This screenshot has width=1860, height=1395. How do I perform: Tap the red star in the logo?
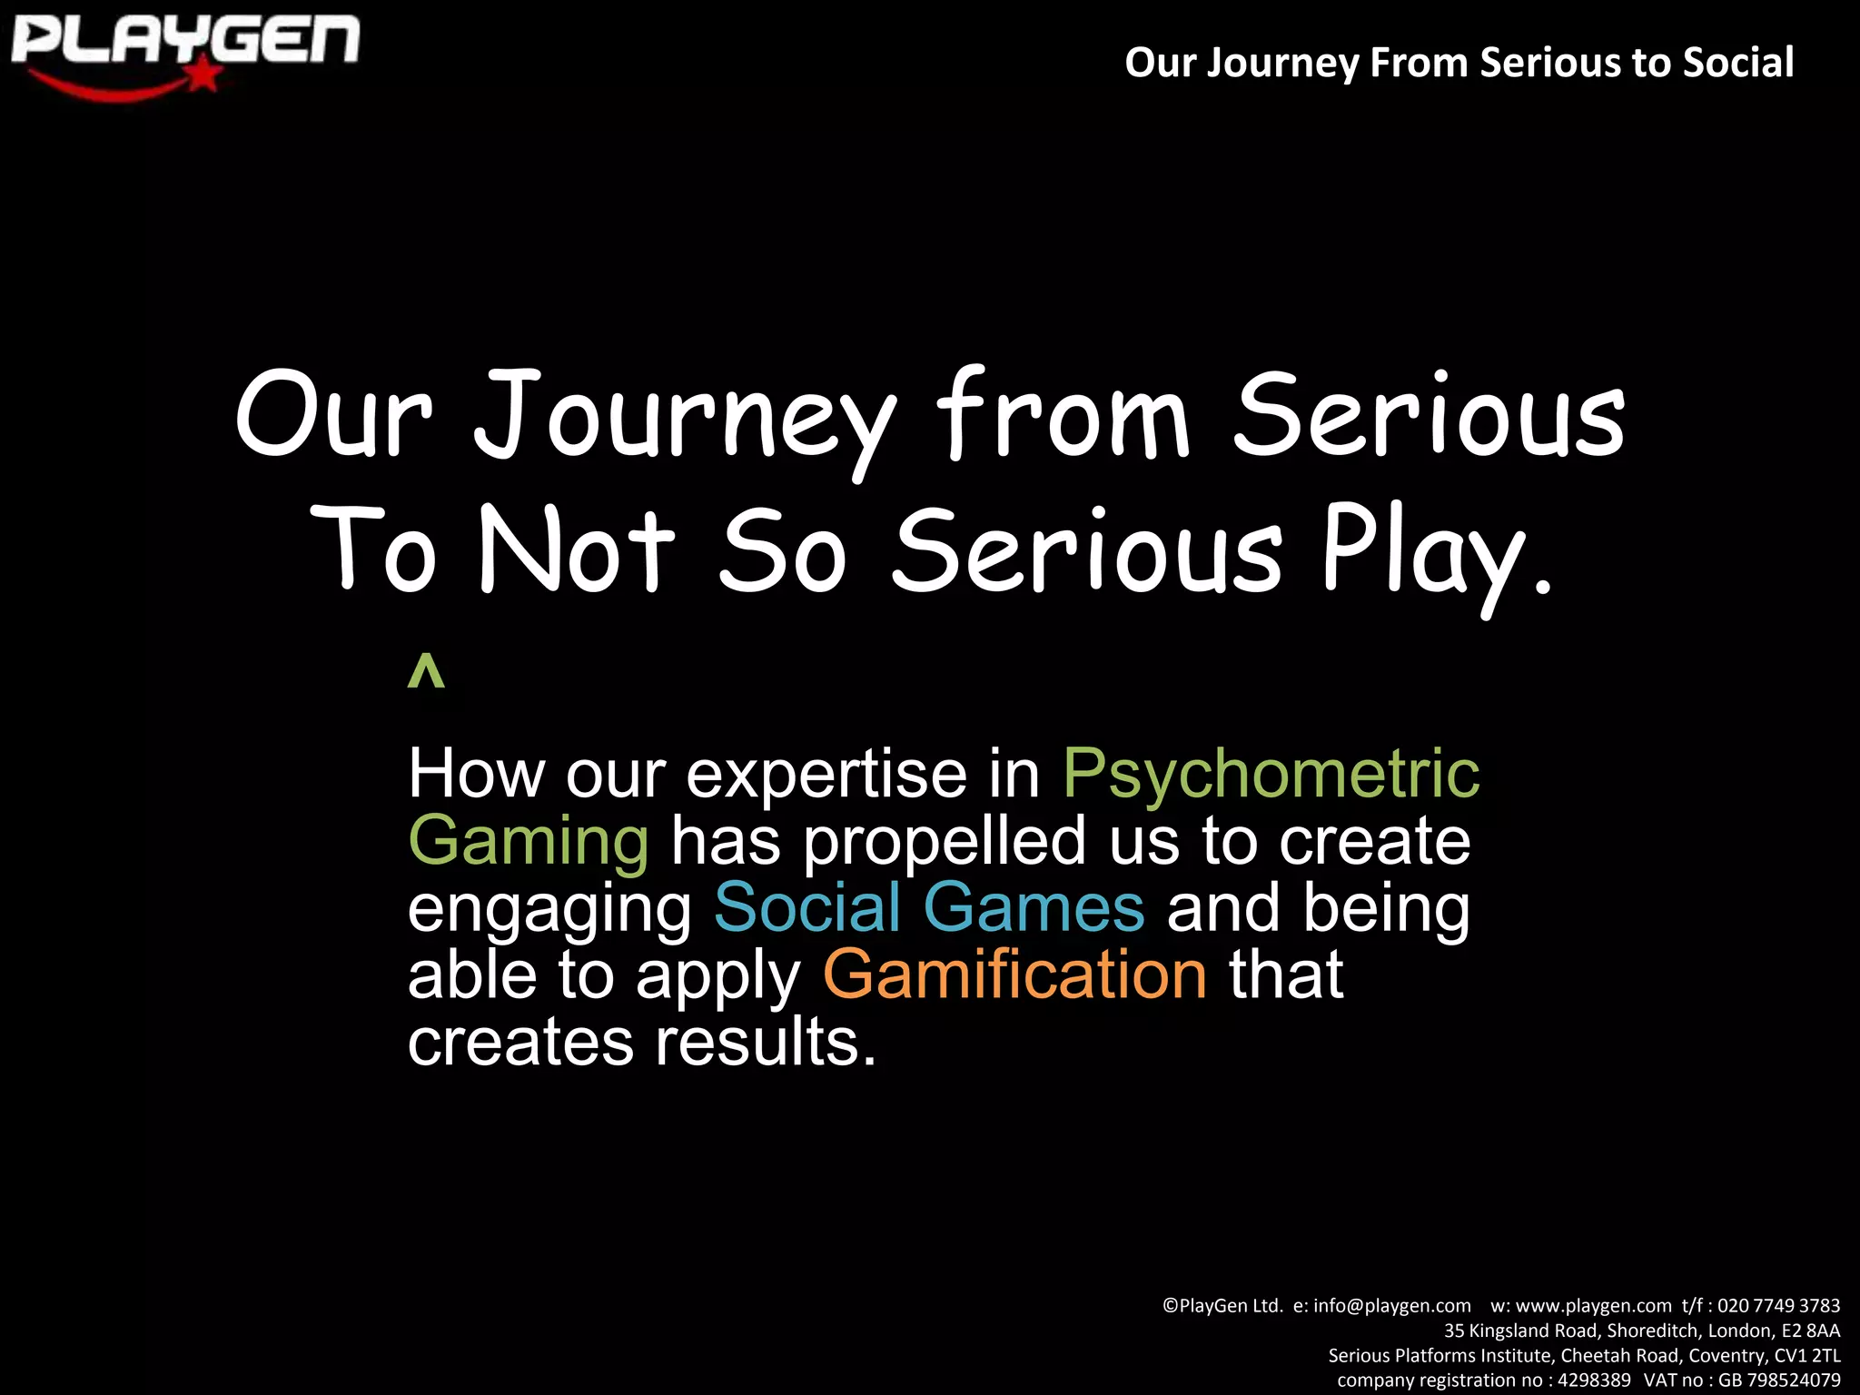(x=205, y=76)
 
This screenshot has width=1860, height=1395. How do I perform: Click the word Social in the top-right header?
(x=1738, y=63)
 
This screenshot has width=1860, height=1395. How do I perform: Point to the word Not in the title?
(x=577, y=550)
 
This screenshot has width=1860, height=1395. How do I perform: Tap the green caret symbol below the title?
(x=426, y=673)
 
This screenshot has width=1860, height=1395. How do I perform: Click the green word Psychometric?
(x=1271, y=774)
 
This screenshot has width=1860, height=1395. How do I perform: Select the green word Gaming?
(x=529, y=841)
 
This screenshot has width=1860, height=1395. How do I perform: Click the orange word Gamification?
(x=1014, y=975)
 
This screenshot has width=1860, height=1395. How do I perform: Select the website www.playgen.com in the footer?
(x=1593, y=1306)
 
